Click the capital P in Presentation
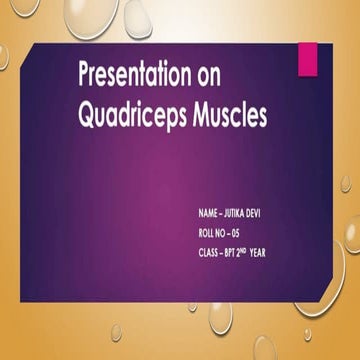(85, 75)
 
